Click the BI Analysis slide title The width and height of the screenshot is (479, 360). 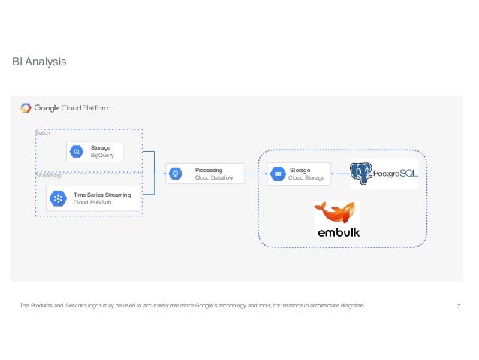click(39, 62)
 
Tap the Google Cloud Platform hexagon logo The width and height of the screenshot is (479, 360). click(26, 107)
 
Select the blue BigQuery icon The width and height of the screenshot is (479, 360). click(77, 153)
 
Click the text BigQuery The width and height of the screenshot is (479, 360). click(102, 156)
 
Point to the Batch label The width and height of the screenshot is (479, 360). click(43, 133)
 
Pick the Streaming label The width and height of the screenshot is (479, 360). click(48, 175)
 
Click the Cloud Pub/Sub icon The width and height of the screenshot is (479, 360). click(57, 198)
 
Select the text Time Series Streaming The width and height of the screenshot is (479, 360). click(102, 195)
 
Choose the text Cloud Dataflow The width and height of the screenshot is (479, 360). click(214, 178)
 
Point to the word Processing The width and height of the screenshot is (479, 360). click(209, 171)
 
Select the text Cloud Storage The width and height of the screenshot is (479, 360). click(306, 178)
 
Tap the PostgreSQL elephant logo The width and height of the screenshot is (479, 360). click(363, 174)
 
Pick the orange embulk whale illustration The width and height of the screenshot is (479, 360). click(335, 213)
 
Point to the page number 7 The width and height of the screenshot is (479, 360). click(458, 305)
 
